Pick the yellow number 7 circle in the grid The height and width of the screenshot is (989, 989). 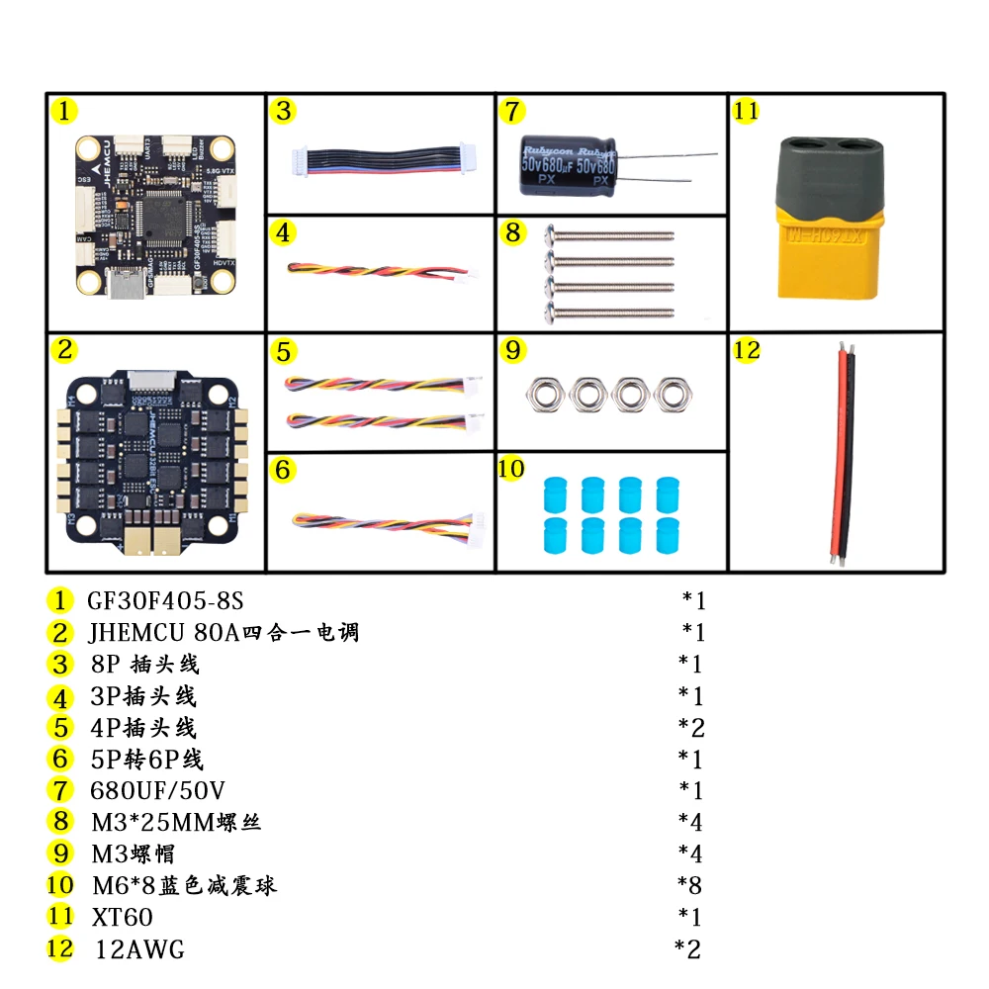pos(510,111)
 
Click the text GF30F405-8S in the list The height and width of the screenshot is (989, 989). pos(165,600)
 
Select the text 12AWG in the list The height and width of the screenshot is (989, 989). pos(139,950)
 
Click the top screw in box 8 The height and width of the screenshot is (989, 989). pos(610,236)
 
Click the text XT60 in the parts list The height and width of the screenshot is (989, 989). pos(122,918)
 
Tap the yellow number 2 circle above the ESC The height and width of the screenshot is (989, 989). pos(63,349)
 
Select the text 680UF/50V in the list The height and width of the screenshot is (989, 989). pos(157,790)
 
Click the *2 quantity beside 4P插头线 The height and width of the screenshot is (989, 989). pos(690,728)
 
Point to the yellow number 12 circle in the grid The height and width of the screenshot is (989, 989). pos(747,349)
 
